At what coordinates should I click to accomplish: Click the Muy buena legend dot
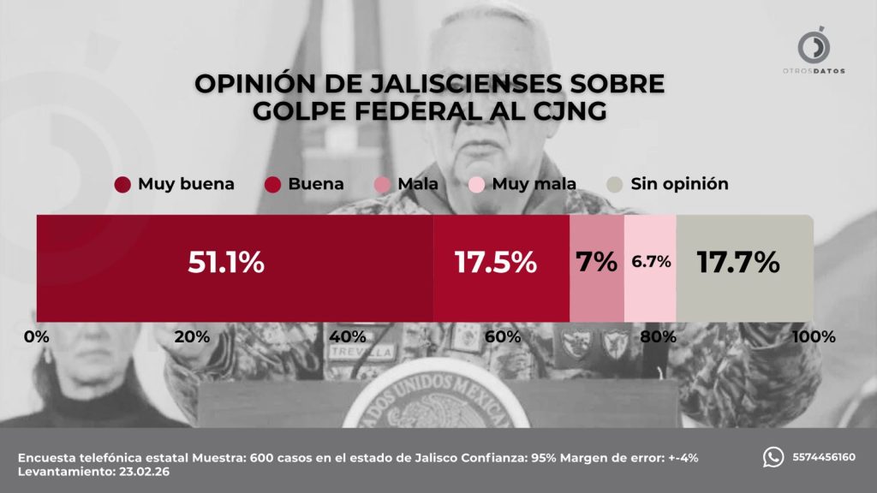click(122, 184)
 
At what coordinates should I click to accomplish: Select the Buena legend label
click(316, 184)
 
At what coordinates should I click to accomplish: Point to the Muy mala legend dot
click(477, 184)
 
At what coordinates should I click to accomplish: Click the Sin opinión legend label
click(679, 184)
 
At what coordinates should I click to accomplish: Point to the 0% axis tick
click(36, 336)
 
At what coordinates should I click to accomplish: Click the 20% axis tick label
click(191, 336)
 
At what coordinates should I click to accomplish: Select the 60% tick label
click(503, 336)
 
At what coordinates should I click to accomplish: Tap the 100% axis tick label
click(813, 336)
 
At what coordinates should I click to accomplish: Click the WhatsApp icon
click(773, 457)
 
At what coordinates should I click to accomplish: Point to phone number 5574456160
click(823, 457)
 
